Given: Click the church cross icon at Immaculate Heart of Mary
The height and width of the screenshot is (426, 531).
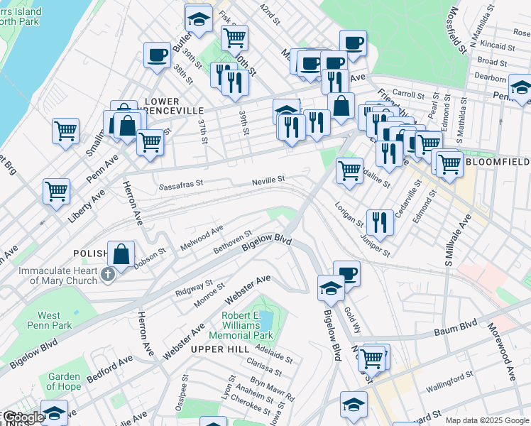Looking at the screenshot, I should coord(108,275).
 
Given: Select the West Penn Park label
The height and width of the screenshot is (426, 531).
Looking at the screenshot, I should coord(49,320).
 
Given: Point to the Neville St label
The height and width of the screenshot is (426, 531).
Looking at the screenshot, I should coord(268,181).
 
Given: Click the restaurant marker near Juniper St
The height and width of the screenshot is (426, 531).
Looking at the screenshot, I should coord(380,222).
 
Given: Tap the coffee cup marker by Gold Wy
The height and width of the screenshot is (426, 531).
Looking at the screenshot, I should coord(346,273).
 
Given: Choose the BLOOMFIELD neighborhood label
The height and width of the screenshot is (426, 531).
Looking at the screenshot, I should coord(498,162).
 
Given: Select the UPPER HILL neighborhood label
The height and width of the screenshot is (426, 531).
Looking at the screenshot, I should coord(219,349).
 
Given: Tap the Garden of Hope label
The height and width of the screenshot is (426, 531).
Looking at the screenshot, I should coord(65,382).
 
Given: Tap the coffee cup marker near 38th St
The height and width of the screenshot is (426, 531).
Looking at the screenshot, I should coord(157,54).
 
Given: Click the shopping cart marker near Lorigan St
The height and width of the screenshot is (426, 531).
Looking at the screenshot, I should coord(349,170).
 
